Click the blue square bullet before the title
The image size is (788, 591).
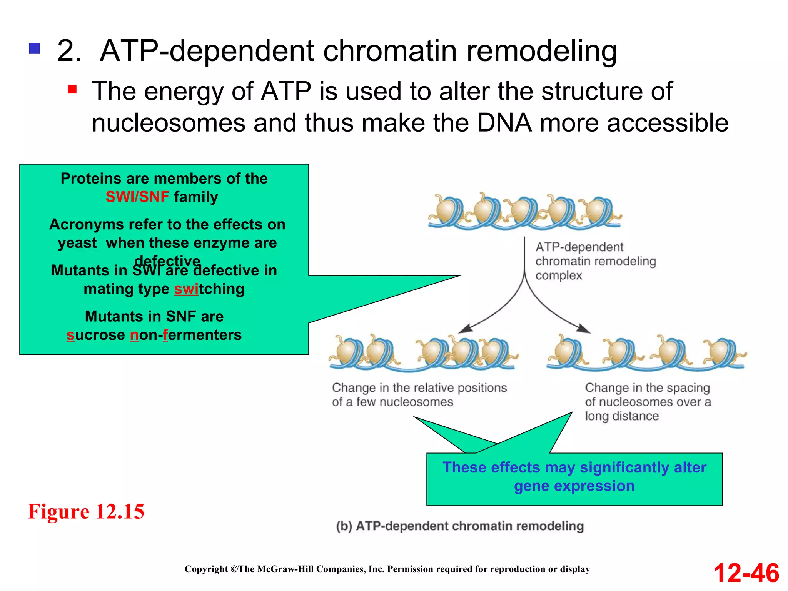click(x=34, y=49)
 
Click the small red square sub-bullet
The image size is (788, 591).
click(x=72, y=90)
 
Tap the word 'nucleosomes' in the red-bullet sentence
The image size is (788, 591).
click(x=169, y=123)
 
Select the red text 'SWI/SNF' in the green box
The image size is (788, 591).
click(x=137, y=197)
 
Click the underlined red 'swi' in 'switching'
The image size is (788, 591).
click(x=186, y=289)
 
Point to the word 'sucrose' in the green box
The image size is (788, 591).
click(x=95, y=335)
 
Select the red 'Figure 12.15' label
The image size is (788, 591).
click(x=86, y=511)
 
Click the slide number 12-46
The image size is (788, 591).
click(x=746, y=573)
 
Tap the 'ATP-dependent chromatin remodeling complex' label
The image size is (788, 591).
click(x=595, y=261)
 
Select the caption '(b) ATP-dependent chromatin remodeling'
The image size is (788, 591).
click(x=460, y=526)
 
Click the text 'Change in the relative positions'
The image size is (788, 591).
click(x=419, y=387)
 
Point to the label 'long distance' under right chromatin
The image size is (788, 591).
click(x=622, y=416)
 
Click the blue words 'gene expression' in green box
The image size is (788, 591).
click(x=574, y=486)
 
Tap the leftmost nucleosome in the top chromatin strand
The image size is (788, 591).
click(x=446, y=211)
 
